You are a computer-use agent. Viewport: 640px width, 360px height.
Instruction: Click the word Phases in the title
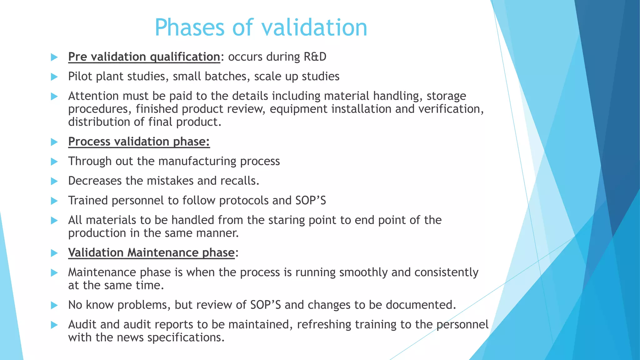(190, 27)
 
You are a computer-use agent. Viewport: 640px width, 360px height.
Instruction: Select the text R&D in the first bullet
(315, 57)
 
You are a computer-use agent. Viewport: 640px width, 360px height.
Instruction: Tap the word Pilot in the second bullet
(80, 77)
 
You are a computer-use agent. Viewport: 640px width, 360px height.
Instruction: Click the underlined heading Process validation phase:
(139, 142)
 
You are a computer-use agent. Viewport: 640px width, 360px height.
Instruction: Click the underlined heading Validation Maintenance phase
(151, 253)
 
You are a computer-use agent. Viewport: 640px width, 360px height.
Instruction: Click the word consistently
(446, 272)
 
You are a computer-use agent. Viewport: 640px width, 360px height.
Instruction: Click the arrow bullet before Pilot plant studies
(54, 77)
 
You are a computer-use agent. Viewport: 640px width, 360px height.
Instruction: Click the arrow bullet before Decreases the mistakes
(54, 181)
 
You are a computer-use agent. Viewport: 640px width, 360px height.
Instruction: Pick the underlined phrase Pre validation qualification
(144, 57)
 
